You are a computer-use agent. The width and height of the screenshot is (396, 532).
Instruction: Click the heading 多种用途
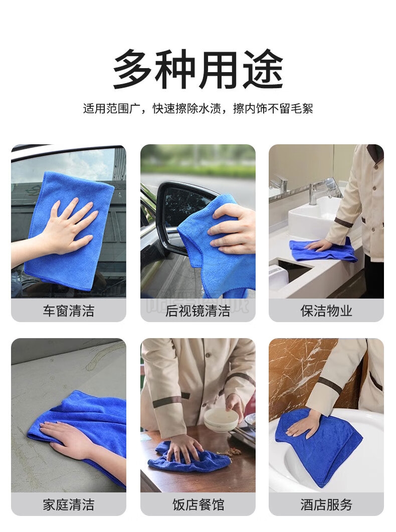click(x=198, y=69)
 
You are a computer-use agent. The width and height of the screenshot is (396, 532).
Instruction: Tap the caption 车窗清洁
click(x=69, y=311)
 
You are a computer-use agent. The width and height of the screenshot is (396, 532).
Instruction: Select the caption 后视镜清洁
click(x=197, y=311)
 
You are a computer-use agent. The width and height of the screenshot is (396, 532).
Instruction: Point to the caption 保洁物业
click(x=326, y=311)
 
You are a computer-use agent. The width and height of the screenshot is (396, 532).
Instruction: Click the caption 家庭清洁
click(x=69, y=504)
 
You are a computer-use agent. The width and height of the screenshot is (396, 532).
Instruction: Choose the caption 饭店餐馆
click(x=198, y=504)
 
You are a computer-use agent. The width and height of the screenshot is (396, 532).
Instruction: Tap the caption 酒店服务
click(x=326, y=504)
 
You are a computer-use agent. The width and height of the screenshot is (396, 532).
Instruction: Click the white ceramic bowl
click(x=221, y=419)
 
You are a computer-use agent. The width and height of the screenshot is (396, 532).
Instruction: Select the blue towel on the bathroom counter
click(x=323, y=250)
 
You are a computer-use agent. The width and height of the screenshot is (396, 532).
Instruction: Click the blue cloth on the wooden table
click(x=190, y=458)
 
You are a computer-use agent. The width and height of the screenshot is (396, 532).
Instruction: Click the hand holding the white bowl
click(x=236, y=406)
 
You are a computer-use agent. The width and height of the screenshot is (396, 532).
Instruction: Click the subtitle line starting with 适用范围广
click(x=198, y=109)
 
